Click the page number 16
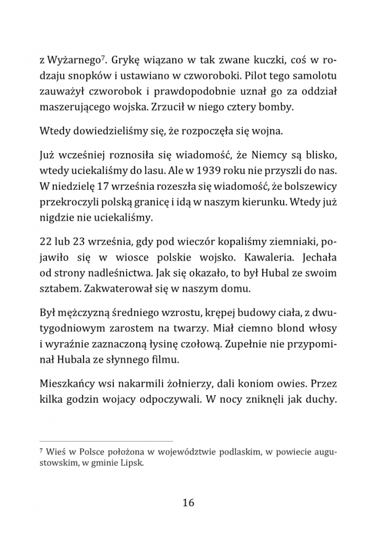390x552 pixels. coord(188,502)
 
